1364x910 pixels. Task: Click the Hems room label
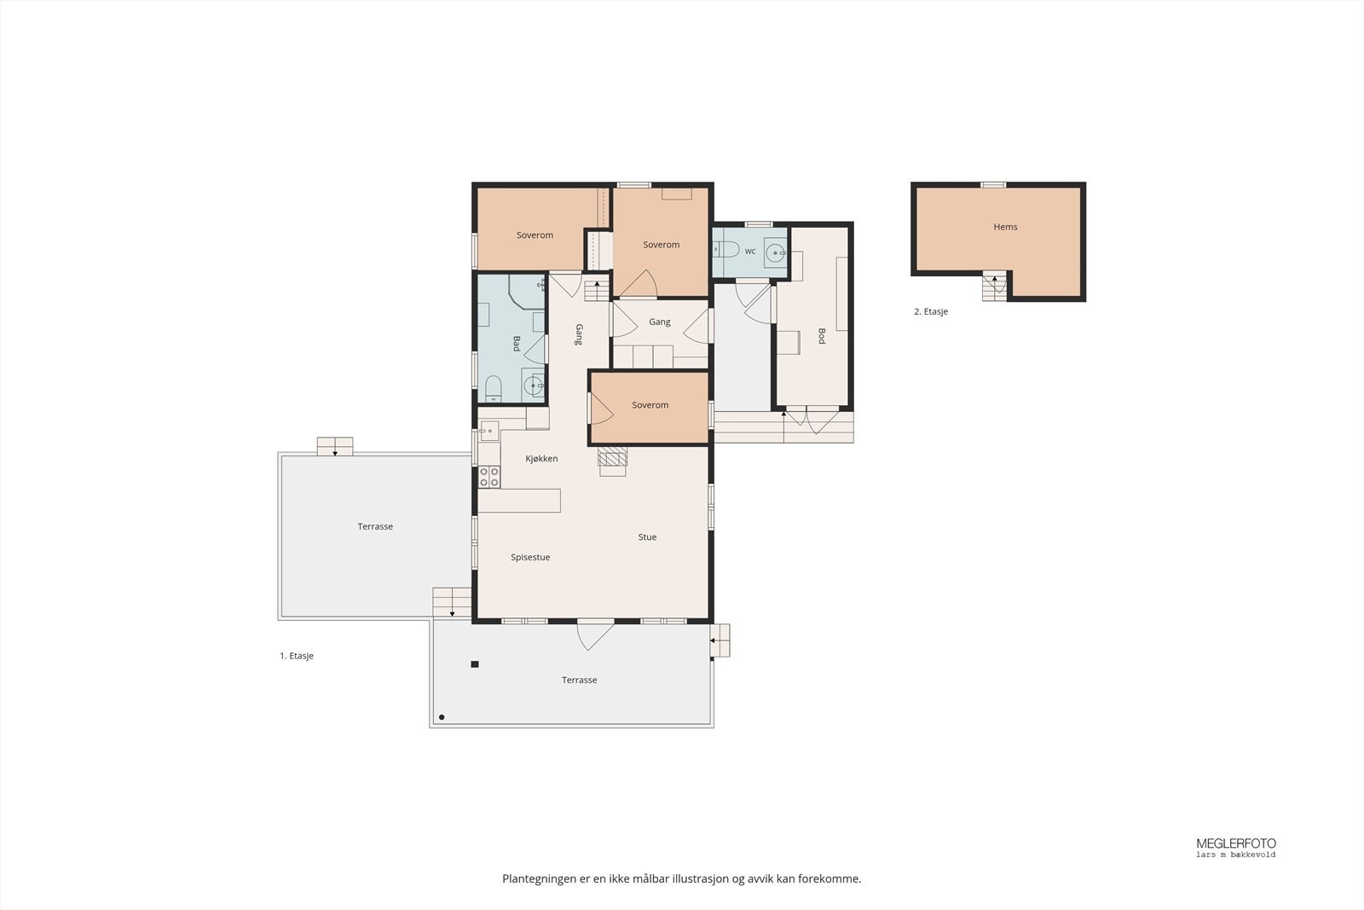pyautogui.click(x=1005, y=227)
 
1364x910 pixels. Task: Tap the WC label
pyautogui.click(x=750, y=252)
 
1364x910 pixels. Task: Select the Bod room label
pyautogui.click(x=822, y=336)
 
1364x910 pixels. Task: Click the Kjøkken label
pyautogui.click(x=541, y=459)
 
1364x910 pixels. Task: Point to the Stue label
pyautogui.click(x=647, y=536)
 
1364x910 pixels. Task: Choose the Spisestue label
pyautogui.click(x=530, y=557)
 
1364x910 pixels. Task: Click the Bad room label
pyautogui.click(x=517, y=344)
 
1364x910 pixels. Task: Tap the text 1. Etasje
pyautogui.click(x=297, y=656)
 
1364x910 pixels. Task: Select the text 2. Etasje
pyautogui.click(x=931, y=311)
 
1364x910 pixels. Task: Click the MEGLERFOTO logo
pyautogui.click(x=1236, y=847)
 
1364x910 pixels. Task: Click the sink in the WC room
pyautogui.click(x=775, y=252)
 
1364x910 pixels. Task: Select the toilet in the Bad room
pyautogui.click(x=494, y=389)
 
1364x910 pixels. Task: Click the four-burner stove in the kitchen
pyautogui.click(x=489, y=477)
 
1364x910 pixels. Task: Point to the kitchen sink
pyautogui.click(x=488, y=431)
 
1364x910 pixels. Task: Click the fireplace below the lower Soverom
pyautogui.click(x=613, y=461)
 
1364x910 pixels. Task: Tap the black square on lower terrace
pyautogui.click(x=475, y=664)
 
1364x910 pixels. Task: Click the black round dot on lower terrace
pyautogui.click(x=442, y=717)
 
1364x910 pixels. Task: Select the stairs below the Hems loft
pyautogui.click(x=994, y=287)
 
